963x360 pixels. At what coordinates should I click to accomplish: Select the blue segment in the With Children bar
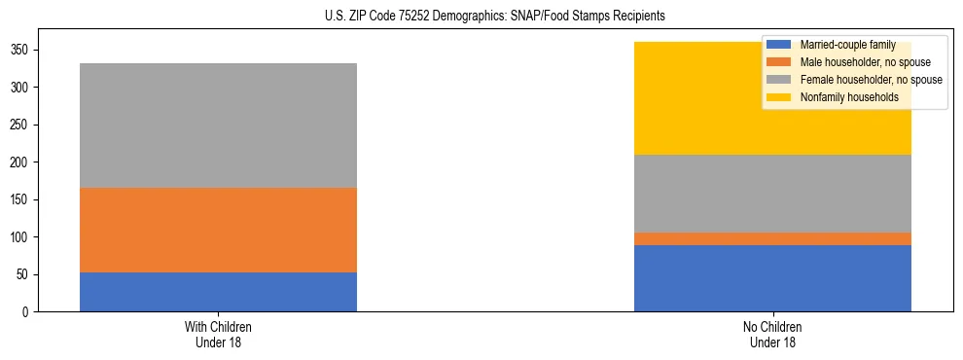[x=218, y=292]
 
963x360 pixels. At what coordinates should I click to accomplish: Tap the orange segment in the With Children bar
[x=218, y=230]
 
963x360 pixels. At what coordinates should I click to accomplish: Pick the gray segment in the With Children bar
[x=218, y=126]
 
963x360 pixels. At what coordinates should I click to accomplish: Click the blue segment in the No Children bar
[x=772, y=278]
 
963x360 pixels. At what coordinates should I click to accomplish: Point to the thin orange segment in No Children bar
[x=772, y=238]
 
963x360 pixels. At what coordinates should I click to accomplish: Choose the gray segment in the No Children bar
[x=772, y=193]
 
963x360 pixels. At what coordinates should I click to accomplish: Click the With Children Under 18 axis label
[x=218, y=334]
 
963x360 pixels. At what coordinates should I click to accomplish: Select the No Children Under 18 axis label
[x=772, y=334]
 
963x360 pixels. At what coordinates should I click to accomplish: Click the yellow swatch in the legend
[x=779, y=97]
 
